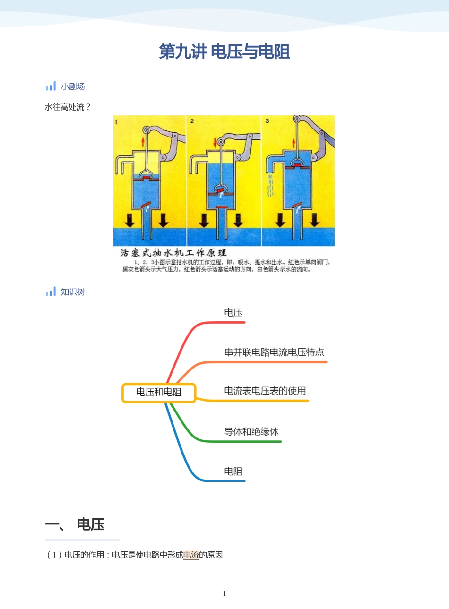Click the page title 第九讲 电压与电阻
pos(224,51)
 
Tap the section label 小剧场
pos(72,86)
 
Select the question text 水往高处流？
pos(67,107)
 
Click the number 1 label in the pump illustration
pos(116,122)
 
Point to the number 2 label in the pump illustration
pos(192,121)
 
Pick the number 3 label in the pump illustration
pos(267,121)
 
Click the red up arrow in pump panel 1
pos(143,141)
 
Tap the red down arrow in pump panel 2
pos(215,142)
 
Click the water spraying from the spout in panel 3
pos(270,185)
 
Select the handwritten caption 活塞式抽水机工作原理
pos(173,253)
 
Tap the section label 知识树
pos(72,292)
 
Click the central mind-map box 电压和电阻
pos(159,392)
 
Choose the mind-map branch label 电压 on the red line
pos(233,312)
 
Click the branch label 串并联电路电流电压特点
pos(274,352)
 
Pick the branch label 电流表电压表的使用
pos(265,391)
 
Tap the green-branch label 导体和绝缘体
pos(251,431)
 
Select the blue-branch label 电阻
pos(233,471)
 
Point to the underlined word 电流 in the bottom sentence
pos(191,555)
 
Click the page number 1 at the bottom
pos(224,594)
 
